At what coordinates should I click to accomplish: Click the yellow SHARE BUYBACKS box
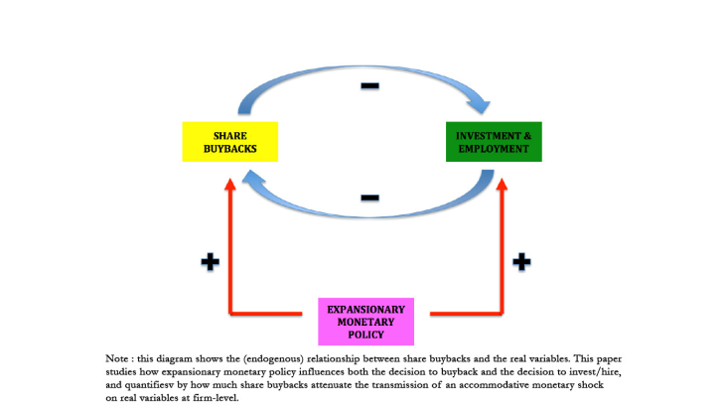[x=229, y=142]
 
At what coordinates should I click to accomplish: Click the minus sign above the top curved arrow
[x=369, y=86]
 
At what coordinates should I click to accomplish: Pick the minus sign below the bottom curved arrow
[x=369, y=198]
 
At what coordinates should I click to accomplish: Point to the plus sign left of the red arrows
[x=209, y=263]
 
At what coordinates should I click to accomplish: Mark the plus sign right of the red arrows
[x=521, y=263]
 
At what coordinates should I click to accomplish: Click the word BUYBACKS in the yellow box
[x=229, y=149]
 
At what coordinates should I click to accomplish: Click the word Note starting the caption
[x=116, y=357]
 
